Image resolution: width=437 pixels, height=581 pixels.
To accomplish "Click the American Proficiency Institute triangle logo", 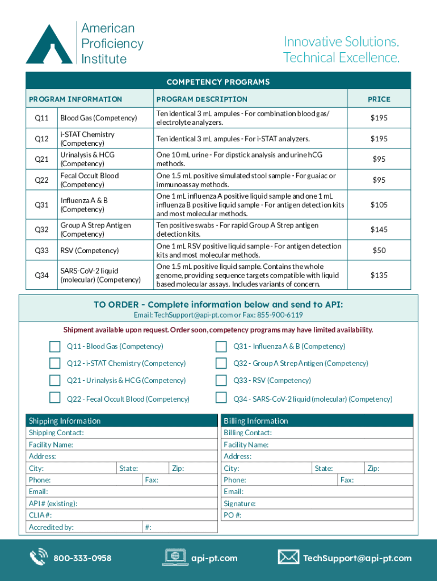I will [49, 44].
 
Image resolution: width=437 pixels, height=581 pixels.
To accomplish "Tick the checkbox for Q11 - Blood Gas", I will [54, 347].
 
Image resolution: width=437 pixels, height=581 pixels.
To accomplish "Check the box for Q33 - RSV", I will [221, 381].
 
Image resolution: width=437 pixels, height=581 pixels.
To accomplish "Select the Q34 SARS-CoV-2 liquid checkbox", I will [221, 399].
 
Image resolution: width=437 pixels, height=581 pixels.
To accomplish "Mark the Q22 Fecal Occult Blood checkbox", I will [54, 399].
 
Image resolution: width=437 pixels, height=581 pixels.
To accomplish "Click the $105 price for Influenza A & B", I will [379, 205].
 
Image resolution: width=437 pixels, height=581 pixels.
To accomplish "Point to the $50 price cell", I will [379, 251].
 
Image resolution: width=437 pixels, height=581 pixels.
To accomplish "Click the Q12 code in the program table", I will [41, 139].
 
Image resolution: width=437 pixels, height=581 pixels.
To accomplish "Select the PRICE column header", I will [379, 99].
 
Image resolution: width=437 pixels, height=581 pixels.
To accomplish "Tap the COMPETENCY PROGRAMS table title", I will [218, 82].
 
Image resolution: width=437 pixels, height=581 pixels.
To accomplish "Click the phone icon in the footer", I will [39, 558].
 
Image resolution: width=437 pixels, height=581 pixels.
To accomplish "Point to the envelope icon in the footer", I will [288, 557].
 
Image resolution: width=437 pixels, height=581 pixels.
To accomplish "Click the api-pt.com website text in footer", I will [215, 558].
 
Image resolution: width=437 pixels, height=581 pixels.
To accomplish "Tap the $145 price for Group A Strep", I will [379, 230].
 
